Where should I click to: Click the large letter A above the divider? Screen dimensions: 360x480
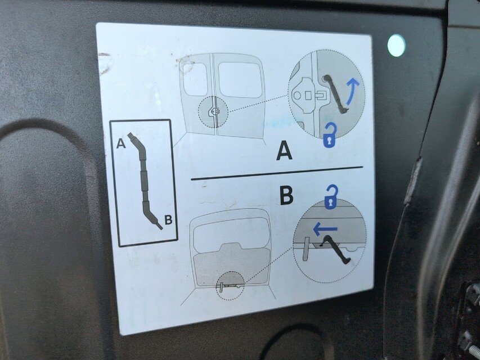(x=285, y=151)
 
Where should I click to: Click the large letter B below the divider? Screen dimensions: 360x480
(x=286, y=195)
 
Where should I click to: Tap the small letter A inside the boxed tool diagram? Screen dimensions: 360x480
(x=120, y=143)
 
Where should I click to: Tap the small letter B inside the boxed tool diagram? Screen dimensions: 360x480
(x=167, y=219)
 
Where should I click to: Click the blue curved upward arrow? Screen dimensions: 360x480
(x=352, y=91)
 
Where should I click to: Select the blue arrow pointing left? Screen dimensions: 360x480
(x=325, y=228)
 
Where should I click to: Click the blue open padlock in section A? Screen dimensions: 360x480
(x=330, y=136)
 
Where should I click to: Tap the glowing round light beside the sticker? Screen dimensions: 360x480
(x=396, y=46)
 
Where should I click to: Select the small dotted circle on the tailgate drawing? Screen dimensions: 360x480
(x=230, y=286)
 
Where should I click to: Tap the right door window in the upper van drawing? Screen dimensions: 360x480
(x=240, y=80)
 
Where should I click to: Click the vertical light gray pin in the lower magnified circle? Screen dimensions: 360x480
(x=306, y=248)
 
